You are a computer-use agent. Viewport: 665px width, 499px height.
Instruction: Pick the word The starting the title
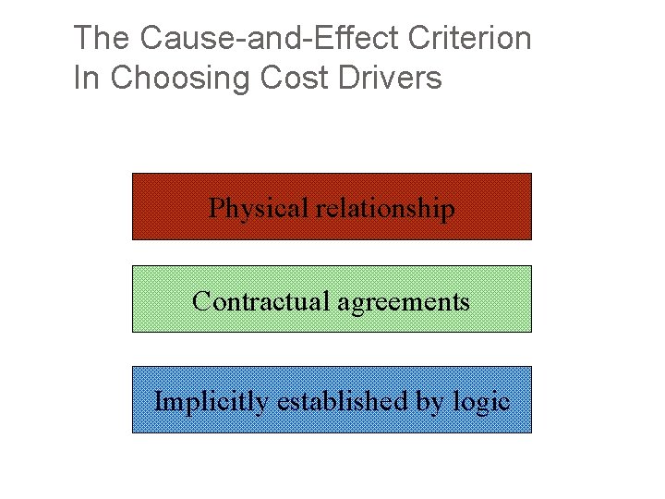pyautogui.click(x=102, y=39)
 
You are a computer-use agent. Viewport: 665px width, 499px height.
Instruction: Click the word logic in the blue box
pyautogui.click(x=484, y=403)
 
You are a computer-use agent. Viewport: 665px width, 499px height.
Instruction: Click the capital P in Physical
pyautogui.click(x=216, y=209)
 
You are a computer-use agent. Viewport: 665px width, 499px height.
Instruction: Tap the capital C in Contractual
pyautogui.click(x=200, y=301)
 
